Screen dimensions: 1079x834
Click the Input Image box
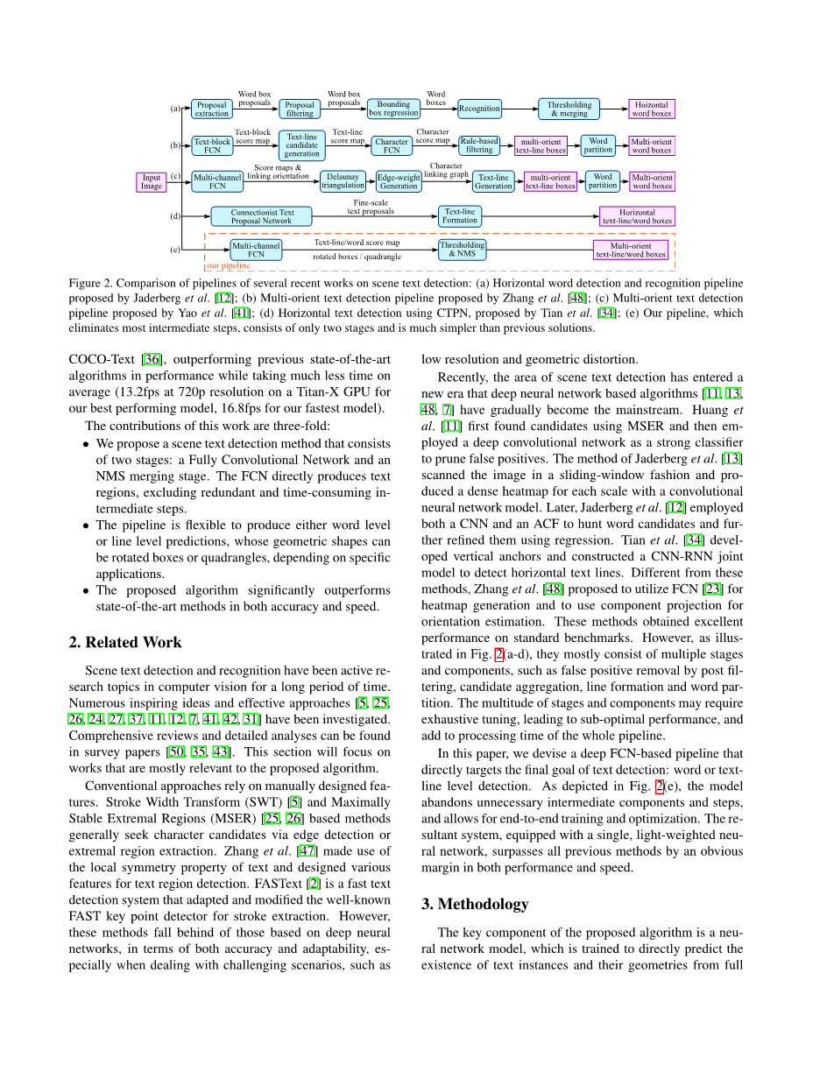pos(152,181)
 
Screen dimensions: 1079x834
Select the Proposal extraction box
pos(211,109)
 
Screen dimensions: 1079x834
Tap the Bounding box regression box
pos(393,109)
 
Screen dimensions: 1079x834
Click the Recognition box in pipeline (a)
pos(479,109)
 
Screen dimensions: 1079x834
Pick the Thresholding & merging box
pos(569,109)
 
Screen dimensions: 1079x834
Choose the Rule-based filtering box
pos(479,145)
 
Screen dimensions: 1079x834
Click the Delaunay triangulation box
pos(343,181)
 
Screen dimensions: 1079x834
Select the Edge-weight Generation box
pos(399,181)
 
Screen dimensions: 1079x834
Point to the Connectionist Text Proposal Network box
pos(262,216)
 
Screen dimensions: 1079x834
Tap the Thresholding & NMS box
pos(462,250)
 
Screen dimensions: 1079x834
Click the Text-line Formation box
pos(460,215)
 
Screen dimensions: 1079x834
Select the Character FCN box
pos(392,145)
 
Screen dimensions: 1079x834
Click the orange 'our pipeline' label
pos(228,264)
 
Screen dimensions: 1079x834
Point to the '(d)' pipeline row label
pos(175,216)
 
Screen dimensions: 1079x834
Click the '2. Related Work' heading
pos(125,642)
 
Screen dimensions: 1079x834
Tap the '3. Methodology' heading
pos(483,904)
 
